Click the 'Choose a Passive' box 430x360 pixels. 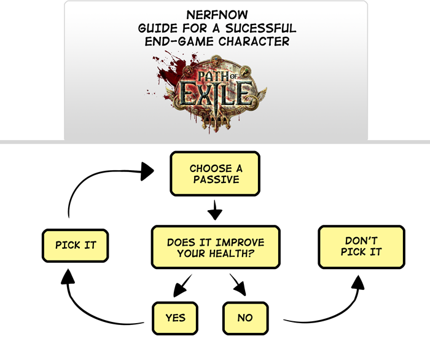coord(215,174)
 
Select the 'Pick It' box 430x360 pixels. coord(76,245)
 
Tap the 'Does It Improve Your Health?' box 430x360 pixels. coord(215,247)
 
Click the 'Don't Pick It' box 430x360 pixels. coord(361,246)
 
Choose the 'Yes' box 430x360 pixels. coord(175,318)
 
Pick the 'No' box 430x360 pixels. coord(244,318)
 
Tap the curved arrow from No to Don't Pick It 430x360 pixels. coord(332,310)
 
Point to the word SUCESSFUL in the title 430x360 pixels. coord(265,28)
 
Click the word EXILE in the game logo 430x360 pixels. coord(215,95)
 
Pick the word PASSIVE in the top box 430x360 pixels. coord(215,180)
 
